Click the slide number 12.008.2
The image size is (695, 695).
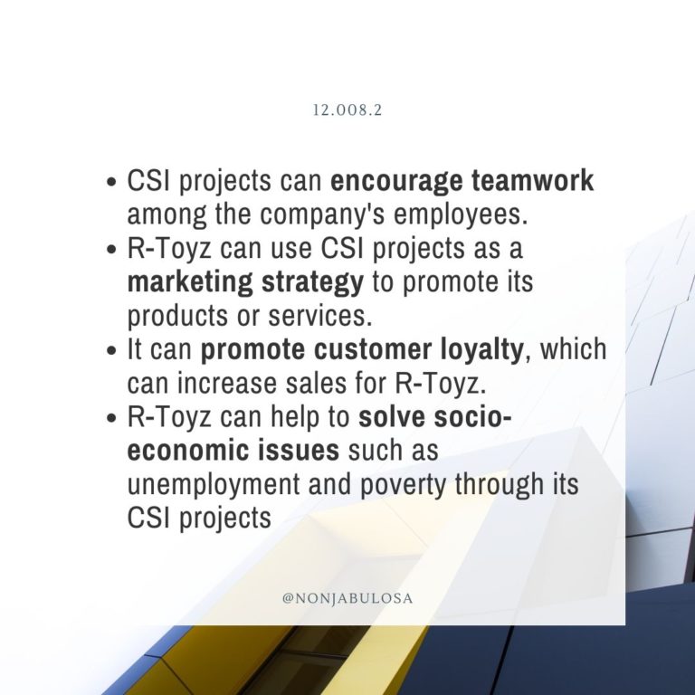[x=347, y=110]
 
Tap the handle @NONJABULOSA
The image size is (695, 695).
[x=347, y=598]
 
